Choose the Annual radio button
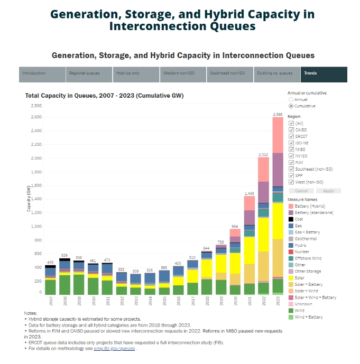tap(291, 99)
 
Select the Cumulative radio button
tap(291, 106)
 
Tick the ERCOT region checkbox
tap(291, 136)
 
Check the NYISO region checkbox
tap(291, 156)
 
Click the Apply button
tap(328, 191)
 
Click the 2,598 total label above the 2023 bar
tap(278, 114)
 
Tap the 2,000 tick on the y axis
tap(35, 158)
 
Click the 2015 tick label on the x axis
tap(164, 301)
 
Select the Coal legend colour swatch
tap(291, 219)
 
